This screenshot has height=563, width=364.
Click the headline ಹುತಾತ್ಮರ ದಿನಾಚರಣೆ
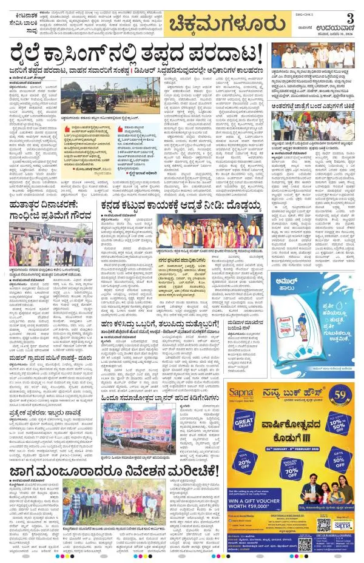(44, 215)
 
